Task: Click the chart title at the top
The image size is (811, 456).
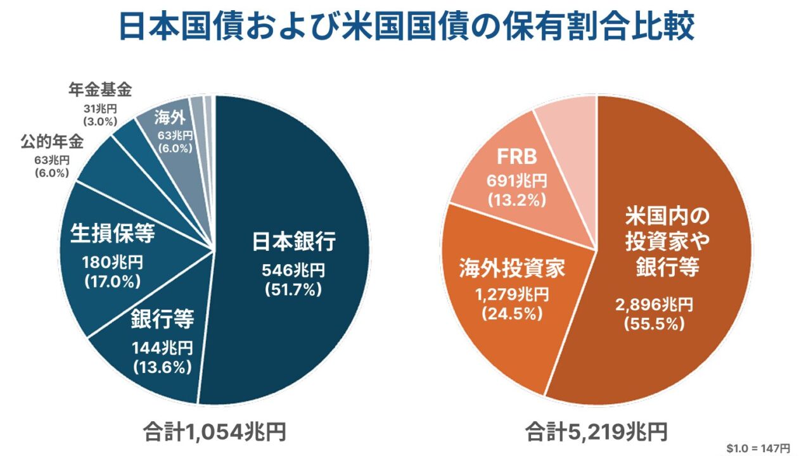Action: click(406, 27)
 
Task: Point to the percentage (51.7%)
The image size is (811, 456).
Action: click(293, 290)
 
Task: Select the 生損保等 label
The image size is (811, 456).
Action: click(112, 234)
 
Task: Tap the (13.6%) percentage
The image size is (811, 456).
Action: click(162, 365)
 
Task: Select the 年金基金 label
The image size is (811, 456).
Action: click(100, 90)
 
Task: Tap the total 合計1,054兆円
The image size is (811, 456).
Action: click(215, 432)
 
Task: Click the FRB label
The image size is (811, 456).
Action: click(516, 157)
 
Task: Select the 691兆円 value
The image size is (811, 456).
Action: click(516, 181)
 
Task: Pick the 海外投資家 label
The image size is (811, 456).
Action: click(512, 270)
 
